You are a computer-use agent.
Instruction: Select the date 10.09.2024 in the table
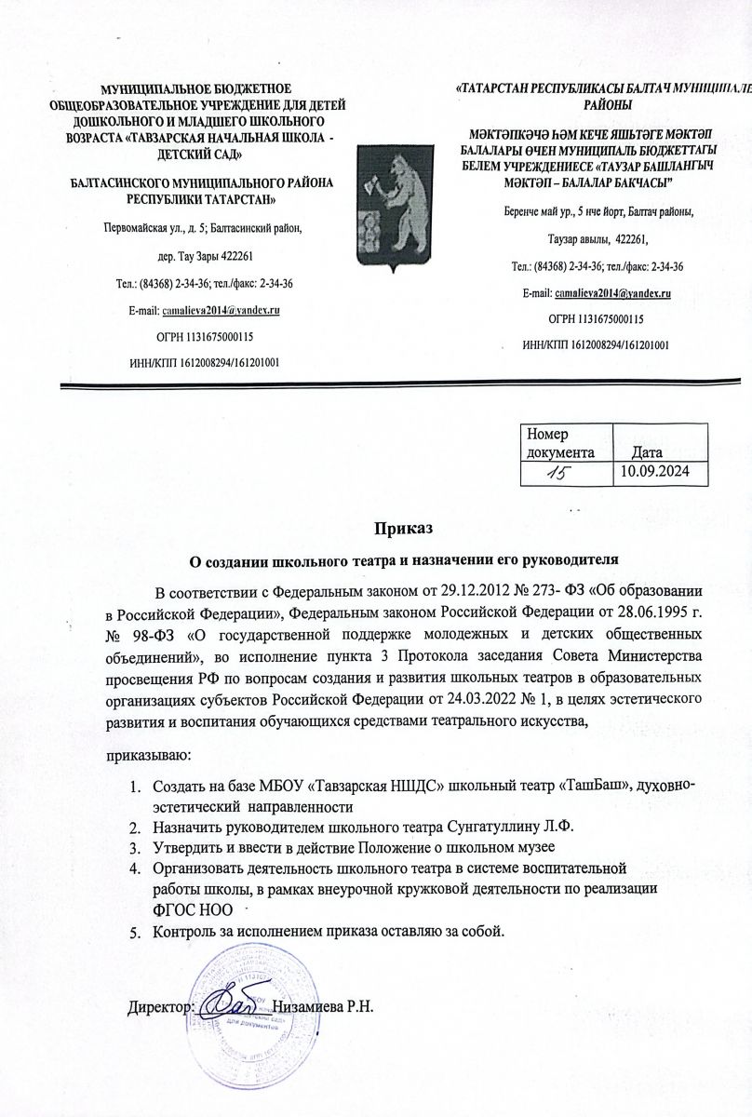click(658, 472)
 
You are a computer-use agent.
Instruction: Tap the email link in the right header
click(611, 293)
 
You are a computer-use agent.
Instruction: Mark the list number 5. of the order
click(135, 932)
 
